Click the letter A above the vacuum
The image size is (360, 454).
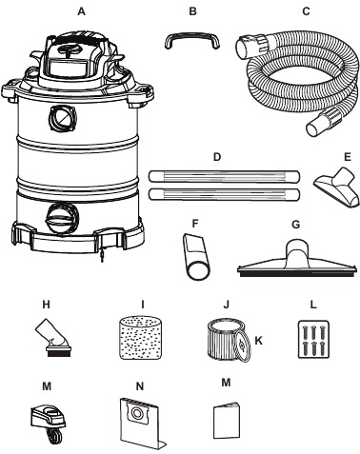click(x=82, y=11)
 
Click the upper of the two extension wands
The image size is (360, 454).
click(x=224, y=176)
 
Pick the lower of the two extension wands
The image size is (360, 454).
click(x=224, y=194)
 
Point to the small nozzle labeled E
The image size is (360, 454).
click(x=337, y=188)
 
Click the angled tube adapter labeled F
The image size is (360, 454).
click(x=196, y=256)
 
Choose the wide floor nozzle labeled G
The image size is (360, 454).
click(x=296, y=261)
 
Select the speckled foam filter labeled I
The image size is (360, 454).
click(x=141, y=338)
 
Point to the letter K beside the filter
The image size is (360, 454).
click(x=259, y=341)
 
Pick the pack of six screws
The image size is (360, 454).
click(x=313, y=339)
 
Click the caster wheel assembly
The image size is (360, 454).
click(x=49, y=421)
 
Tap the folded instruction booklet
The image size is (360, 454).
click(x=226, y=421)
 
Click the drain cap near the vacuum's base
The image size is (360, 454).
click(x=62, y=219)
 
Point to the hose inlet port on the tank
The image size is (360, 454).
click(x=63, y=118)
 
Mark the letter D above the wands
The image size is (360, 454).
click(x=217, y=157)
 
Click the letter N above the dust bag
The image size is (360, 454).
click(x=140, y=386)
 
